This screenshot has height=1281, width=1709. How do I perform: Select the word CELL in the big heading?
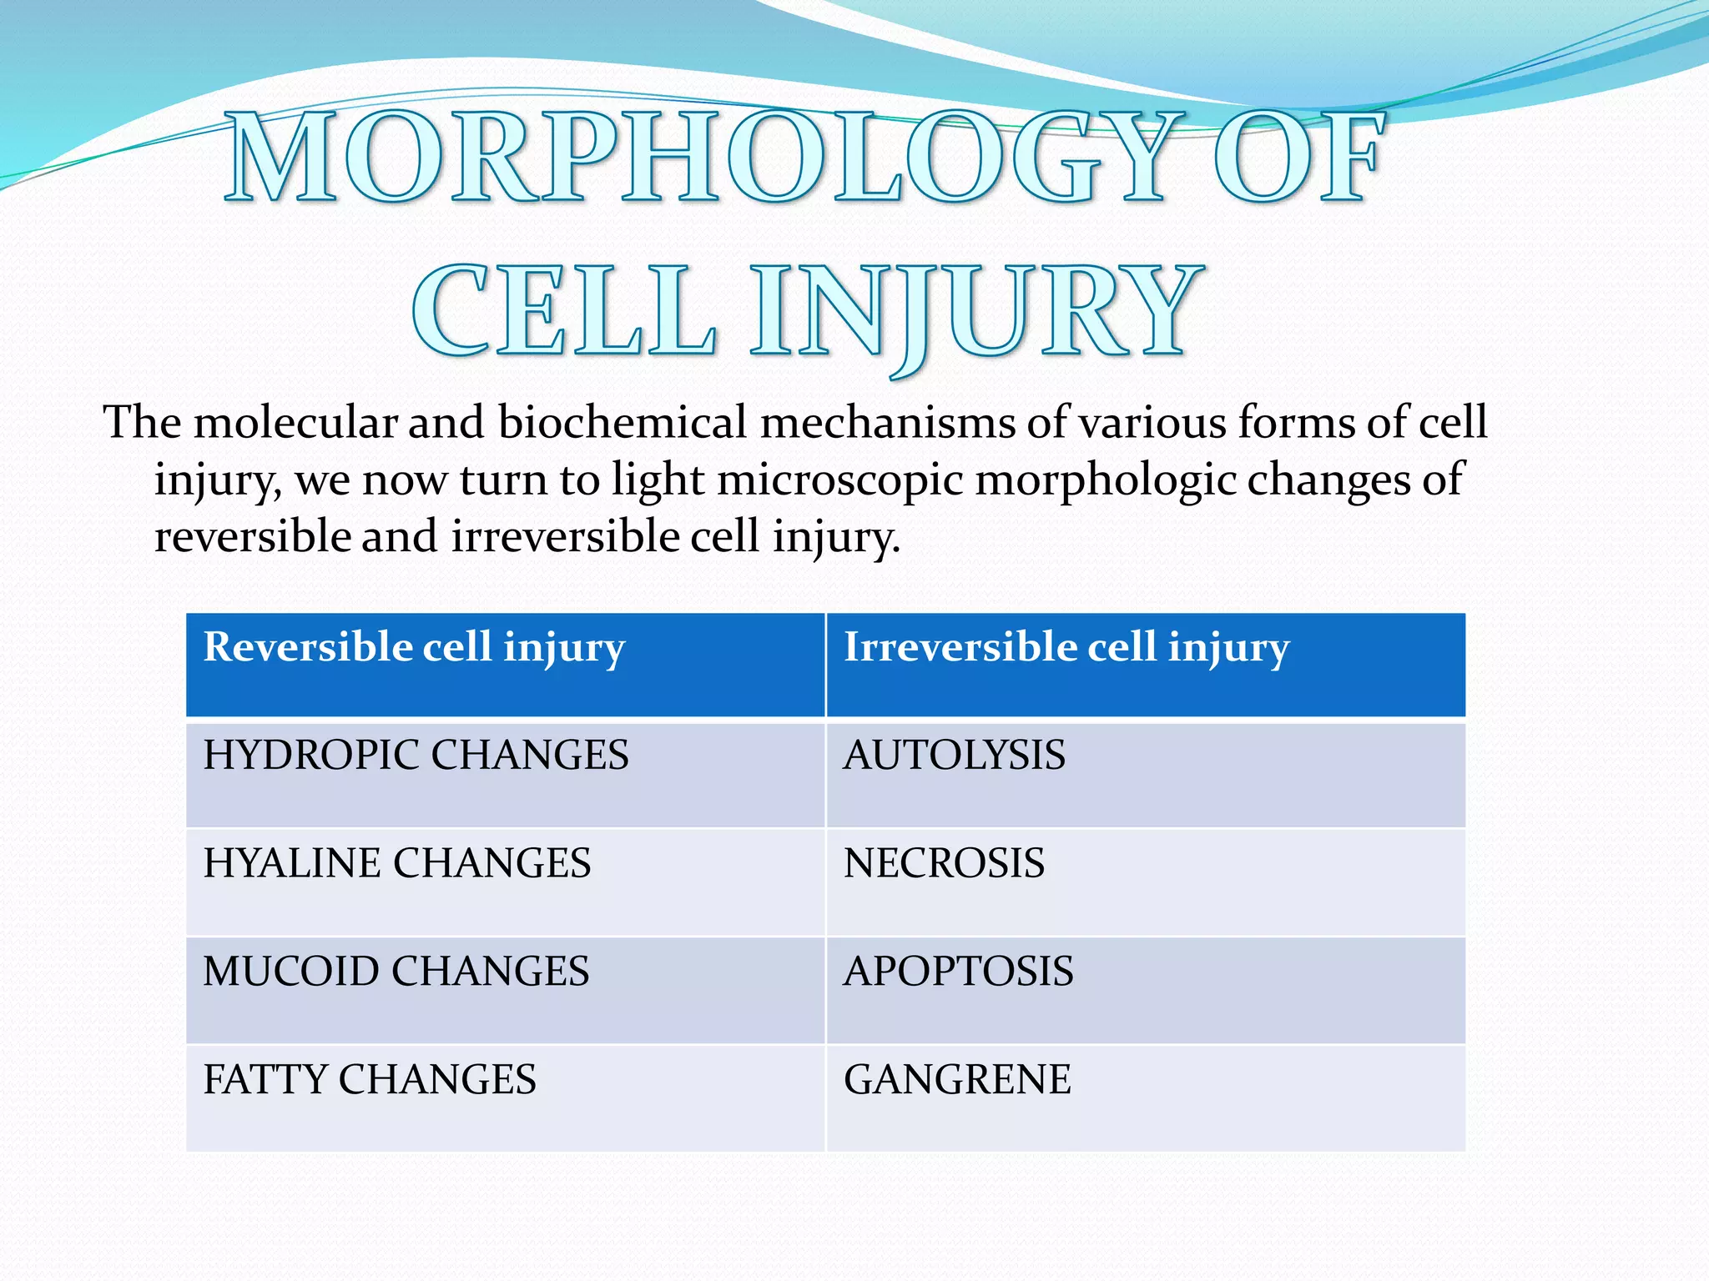click(563, 310)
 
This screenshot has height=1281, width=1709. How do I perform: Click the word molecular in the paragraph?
click(295, 423)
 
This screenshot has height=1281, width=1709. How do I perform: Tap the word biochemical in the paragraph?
click(622, 423)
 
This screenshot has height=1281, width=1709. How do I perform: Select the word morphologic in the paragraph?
click(1105, 481)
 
